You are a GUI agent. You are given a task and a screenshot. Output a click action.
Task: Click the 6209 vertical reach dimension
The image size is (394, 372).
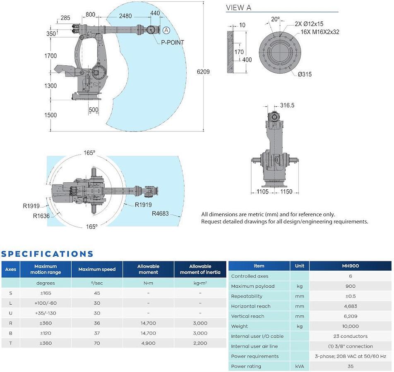tap(203, 72)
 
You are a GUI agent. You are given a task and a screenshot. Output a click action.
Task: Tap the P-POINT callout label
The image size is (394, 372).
tap(172, 43)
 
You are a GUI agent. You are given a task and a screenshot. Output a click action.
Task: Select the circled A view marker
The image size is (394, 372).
tap(166, 30)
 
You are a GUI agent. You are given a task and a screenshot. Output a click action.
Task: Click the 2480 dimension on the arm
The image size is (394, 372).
tap(125, 16)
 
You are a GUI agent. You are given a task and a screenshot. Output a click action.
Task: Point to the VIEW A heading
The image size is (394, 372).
tap(238, 7)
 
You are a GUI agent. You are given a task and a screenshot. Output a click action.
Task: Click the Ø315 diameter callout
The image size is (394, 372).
tap(305, 74)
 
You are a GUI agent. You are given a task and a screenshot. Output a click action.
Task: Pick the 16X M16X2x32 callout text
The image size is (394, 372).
tap(320, 32)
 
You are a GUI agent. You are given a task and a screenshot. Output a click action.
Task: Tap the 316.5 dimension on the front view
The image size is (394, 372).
tap(287, 105)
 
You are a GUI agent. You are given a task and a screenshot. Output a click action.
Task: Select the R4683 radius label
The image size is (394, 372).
tap(160, 214)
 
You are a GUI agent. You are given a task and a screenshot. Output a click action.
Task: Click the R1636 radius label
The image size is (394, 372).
tap(41, 216)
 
